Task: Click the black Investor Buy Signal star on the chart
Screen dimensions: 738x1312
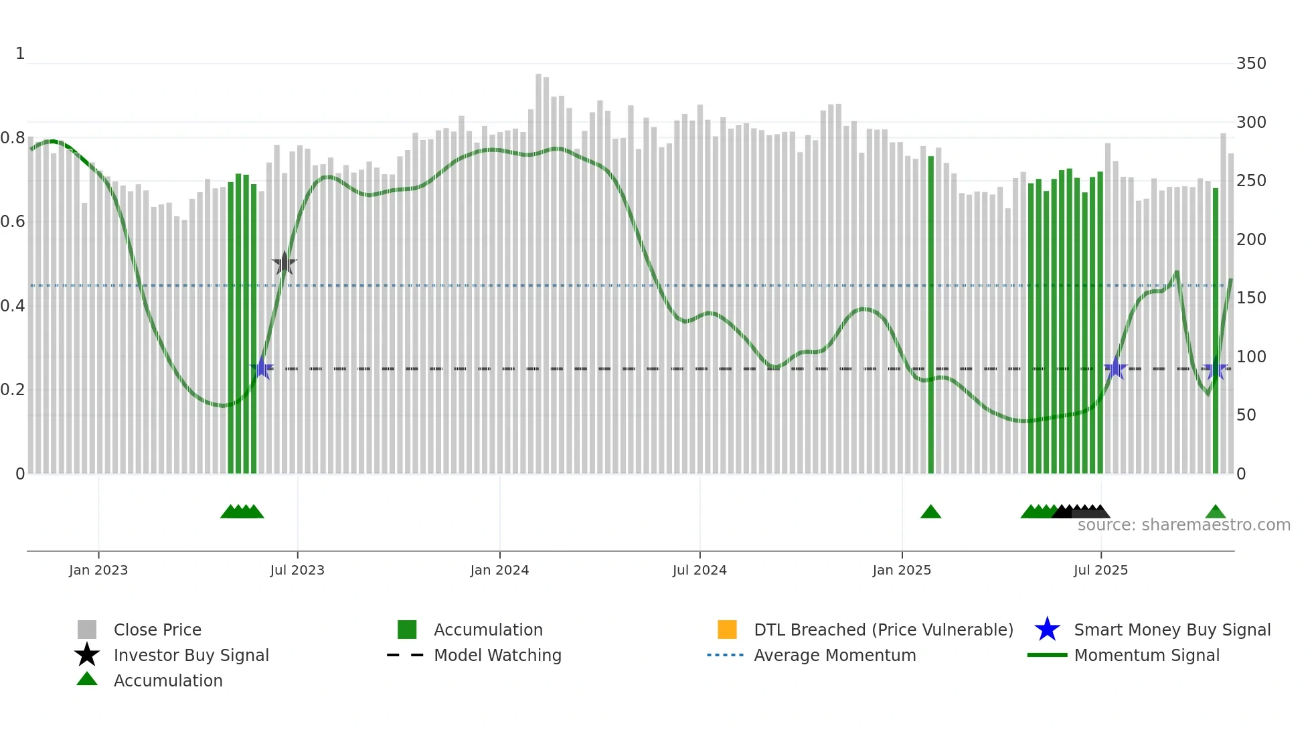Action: (x=284, y=264)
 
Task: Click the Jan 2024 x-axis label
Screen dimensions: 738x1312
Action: (x=499, y=570)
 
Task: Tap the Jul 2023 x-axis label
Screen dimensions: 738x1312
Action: (x=297, y=570)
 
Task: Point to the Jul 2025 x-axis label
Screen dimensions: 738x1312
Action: (x=1100, y=570)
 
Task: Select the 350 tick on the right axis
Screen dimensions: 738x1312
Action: (x=1251, y=64)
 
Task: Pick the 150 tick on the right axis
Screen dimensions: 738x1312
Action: (x=1251, y=298)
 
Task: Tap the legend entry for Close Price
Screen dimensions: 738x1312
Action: (x=157, y=630)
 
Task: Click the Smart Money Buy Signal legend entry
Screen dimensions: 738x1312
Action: (x=1172, y=630)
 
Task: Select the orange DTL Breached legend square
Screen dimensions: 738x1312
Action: (x=727, y=630)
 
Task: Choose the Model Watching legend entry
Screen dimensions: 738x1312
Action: (x=497, y=655)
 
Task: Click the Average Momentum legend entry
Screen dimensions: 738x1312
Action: (x=835, y=655)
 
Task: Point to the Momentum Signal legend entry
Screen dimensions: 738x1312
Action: (x=1147, y=655)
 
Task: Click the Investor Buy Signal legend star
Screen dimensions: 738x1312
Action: (x=87, y=655)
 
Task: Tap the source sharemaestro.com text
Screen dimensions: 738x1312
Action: (x=1183, y=525)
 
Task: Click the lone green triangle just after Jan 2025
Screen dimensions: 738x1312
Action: (x=930, y=512)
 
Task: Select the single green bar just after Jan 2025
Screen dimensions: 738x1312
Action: (x=930, y=315)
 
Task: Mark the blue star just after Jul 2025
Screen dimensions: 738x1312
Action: (x=1116, y=368)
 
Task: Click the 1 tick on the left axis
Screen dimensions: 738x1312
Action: (x=20, y=54)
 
